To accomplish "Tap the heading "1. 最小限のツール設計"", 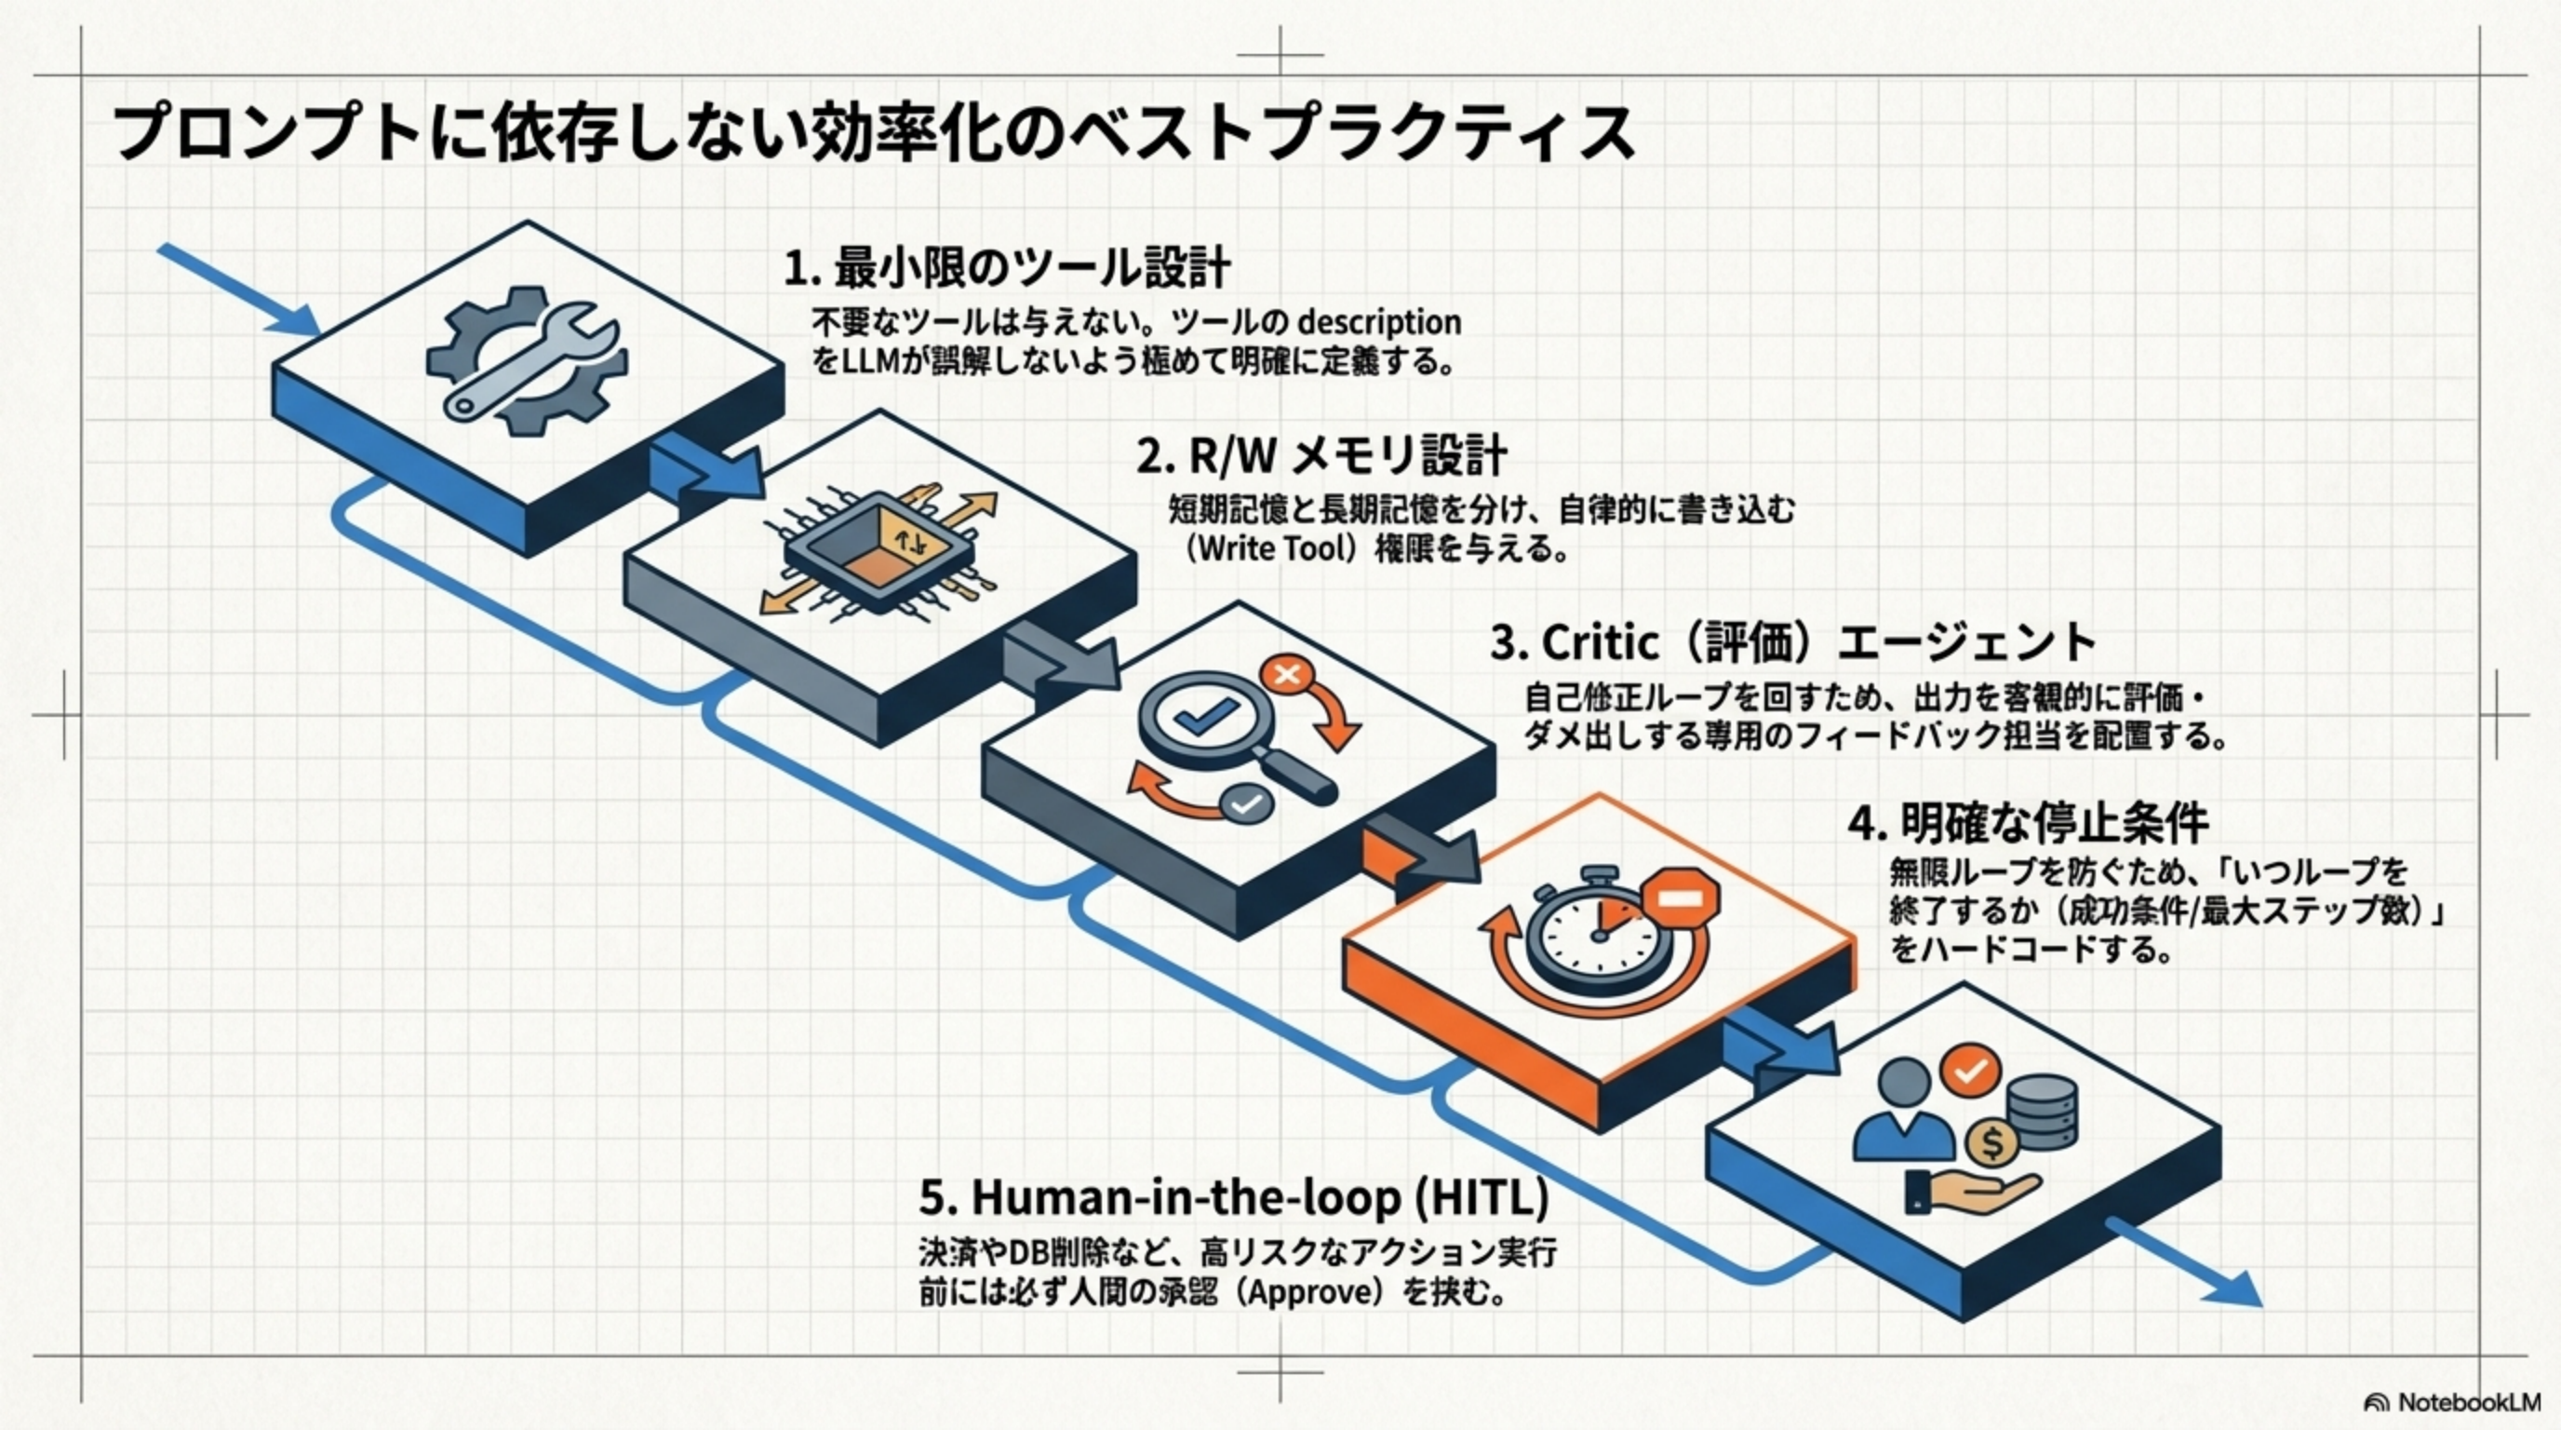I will tap(1007, 268).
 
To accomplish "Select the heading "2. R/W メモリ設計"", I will tap(1321, 456).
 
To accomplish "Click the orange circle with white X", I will tap(1286, 676).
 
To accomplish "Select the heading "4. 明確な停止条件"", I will tap(2029, 823).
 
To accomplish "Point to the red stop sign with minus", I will tap(1679, 898).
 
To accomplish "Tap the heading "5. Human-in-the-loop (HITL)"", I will tap(1234, 1197).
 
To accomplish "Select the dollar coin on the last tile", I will tap(1991, 1143).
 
